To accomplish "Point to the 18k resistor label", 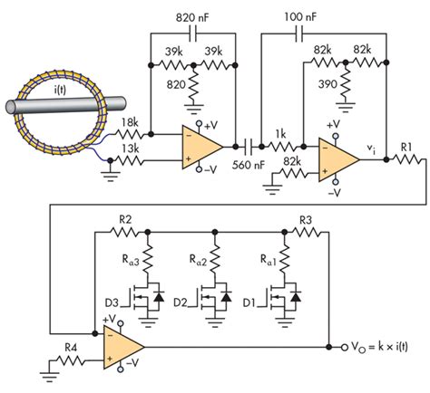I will (x=130, y=123).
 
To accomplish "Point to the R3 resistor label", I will (x=307, y=220).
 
